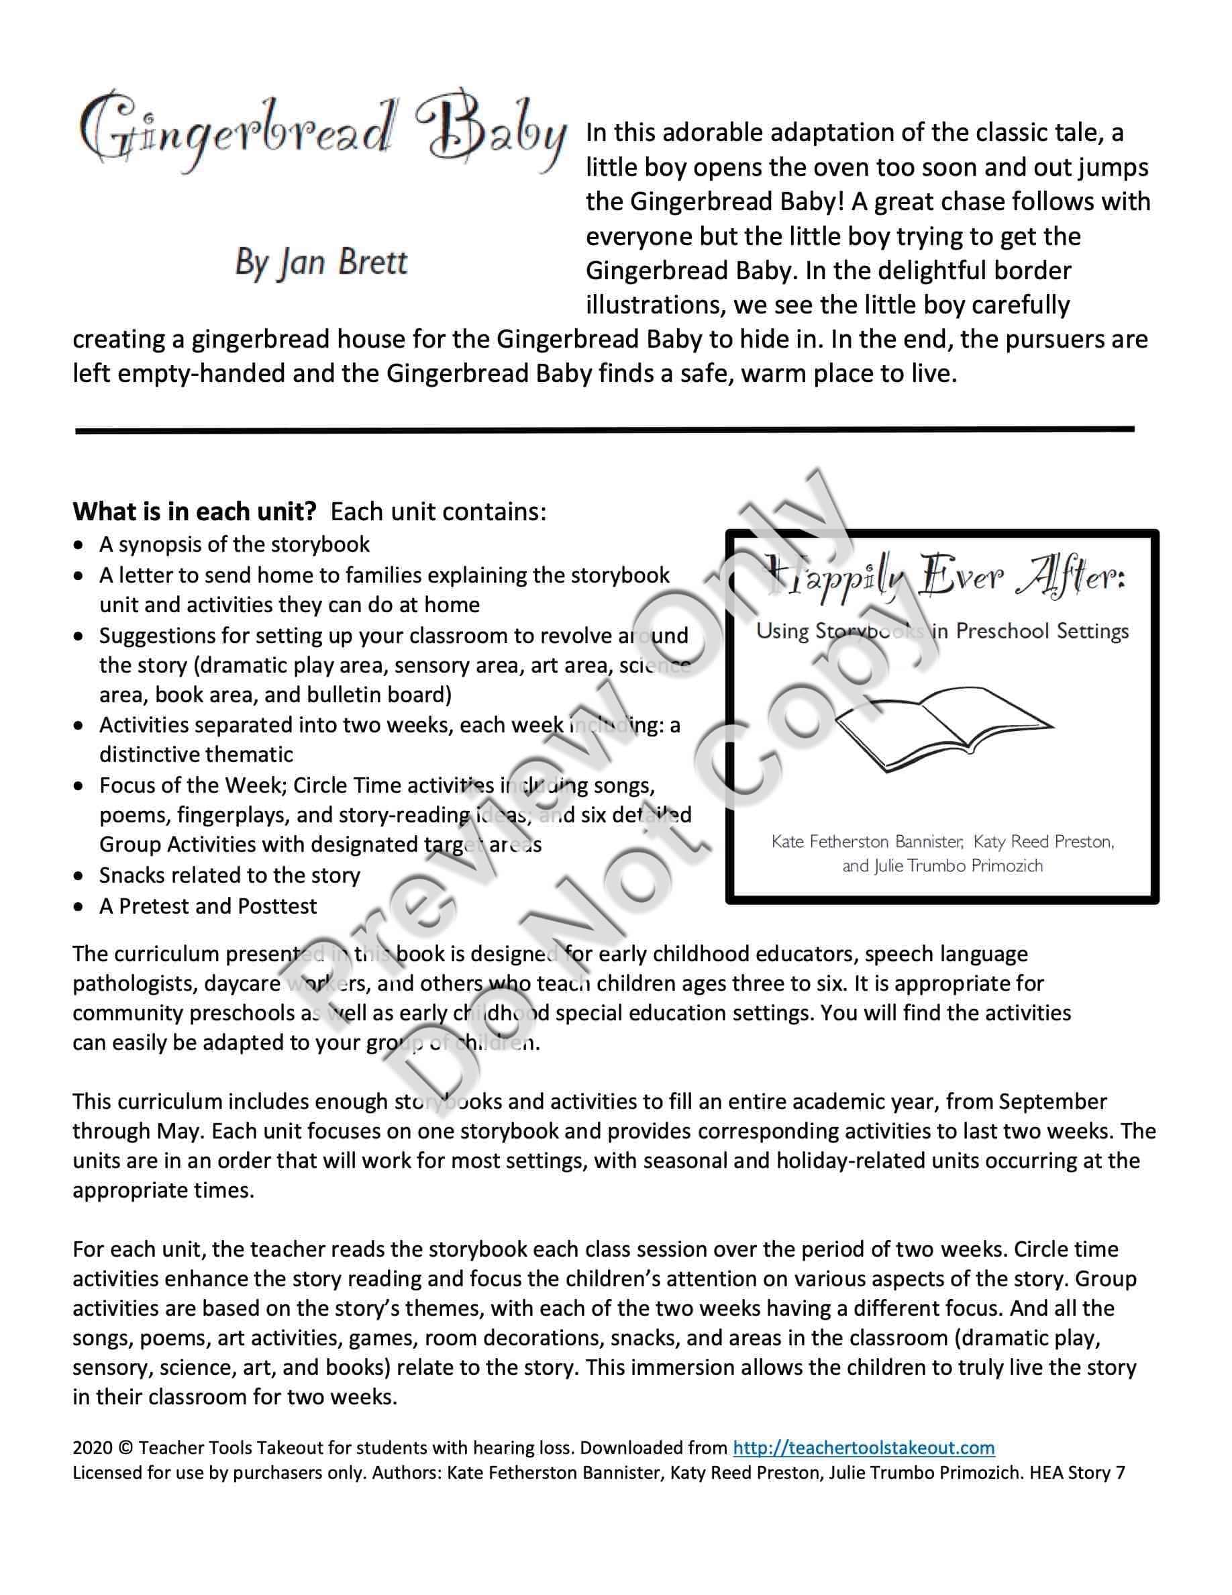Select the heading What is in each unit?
coord(194,512)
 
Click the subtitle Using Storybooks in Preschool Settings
coord(941,630)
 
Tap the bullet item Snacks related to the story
coord(230,875)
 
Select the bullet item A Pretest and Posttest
coord(208,906)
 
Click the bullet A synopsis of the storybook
coord(234,544)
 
